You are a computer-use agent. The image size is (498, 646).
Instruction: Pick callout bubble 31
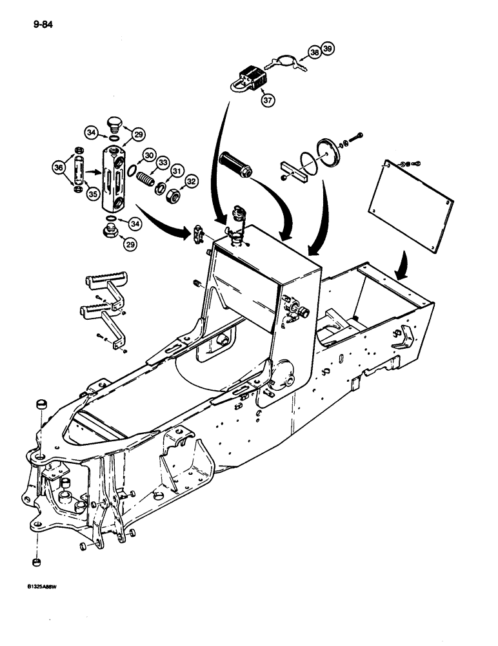(x=175, y=170)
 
